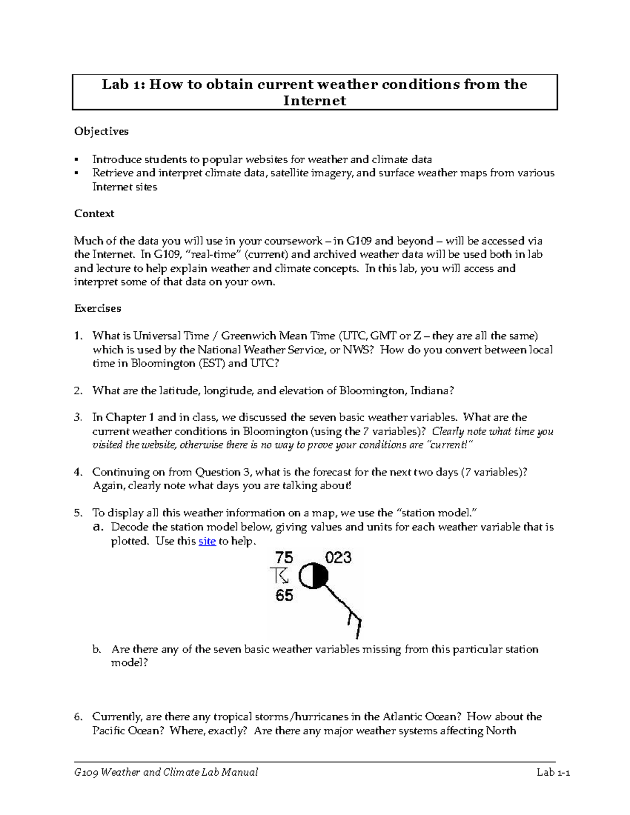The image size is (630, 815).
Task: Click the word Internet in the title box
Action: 314,101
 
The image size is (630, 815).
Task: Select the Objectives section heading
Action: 101,131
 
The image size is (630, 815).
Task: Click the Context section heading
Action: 94,214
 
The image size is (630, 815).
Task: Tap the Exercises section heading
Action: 98,309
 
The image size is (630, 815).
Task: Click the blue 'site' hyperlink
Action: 207,541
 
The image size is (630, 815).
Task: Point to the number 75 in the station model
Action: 284,557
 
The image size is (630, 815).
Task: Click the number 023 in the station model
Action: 338,557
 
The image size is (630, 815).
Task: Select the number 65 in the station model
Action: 284,596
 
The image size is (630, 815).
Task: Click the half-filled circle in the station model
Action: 313,577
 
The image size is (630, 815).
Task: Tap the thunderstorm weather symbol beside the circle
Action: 279,576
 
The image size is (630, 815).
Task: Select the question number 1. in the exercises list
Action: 78,336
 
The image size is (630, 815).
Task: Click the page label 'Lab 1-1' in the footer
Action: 553,772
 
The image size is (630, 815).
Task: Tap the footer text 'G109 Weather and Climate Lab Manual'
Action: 166,772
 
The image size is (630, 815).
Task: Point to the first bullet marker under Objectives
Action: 77,160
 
